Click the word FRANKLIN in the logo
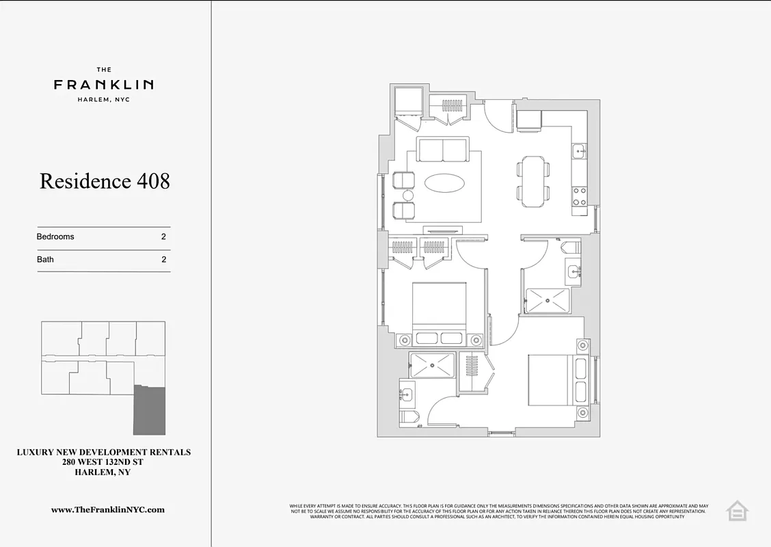104,85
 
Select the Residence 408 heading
105,181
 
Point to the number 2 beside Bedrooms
163,237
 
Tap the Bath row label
45,260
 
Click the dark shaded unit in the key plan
150,410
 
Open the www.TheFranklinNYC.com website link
108,509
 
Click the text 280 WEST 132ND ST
103,462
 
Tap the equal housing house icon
738,510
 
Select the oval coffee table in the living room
444,183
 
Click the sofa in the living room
443,150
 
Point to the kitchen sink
579,151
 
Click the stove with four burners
579,196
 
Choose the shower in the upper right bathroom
547,300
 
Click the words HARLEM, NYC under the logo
104,100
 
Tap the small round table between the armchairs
408,196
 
